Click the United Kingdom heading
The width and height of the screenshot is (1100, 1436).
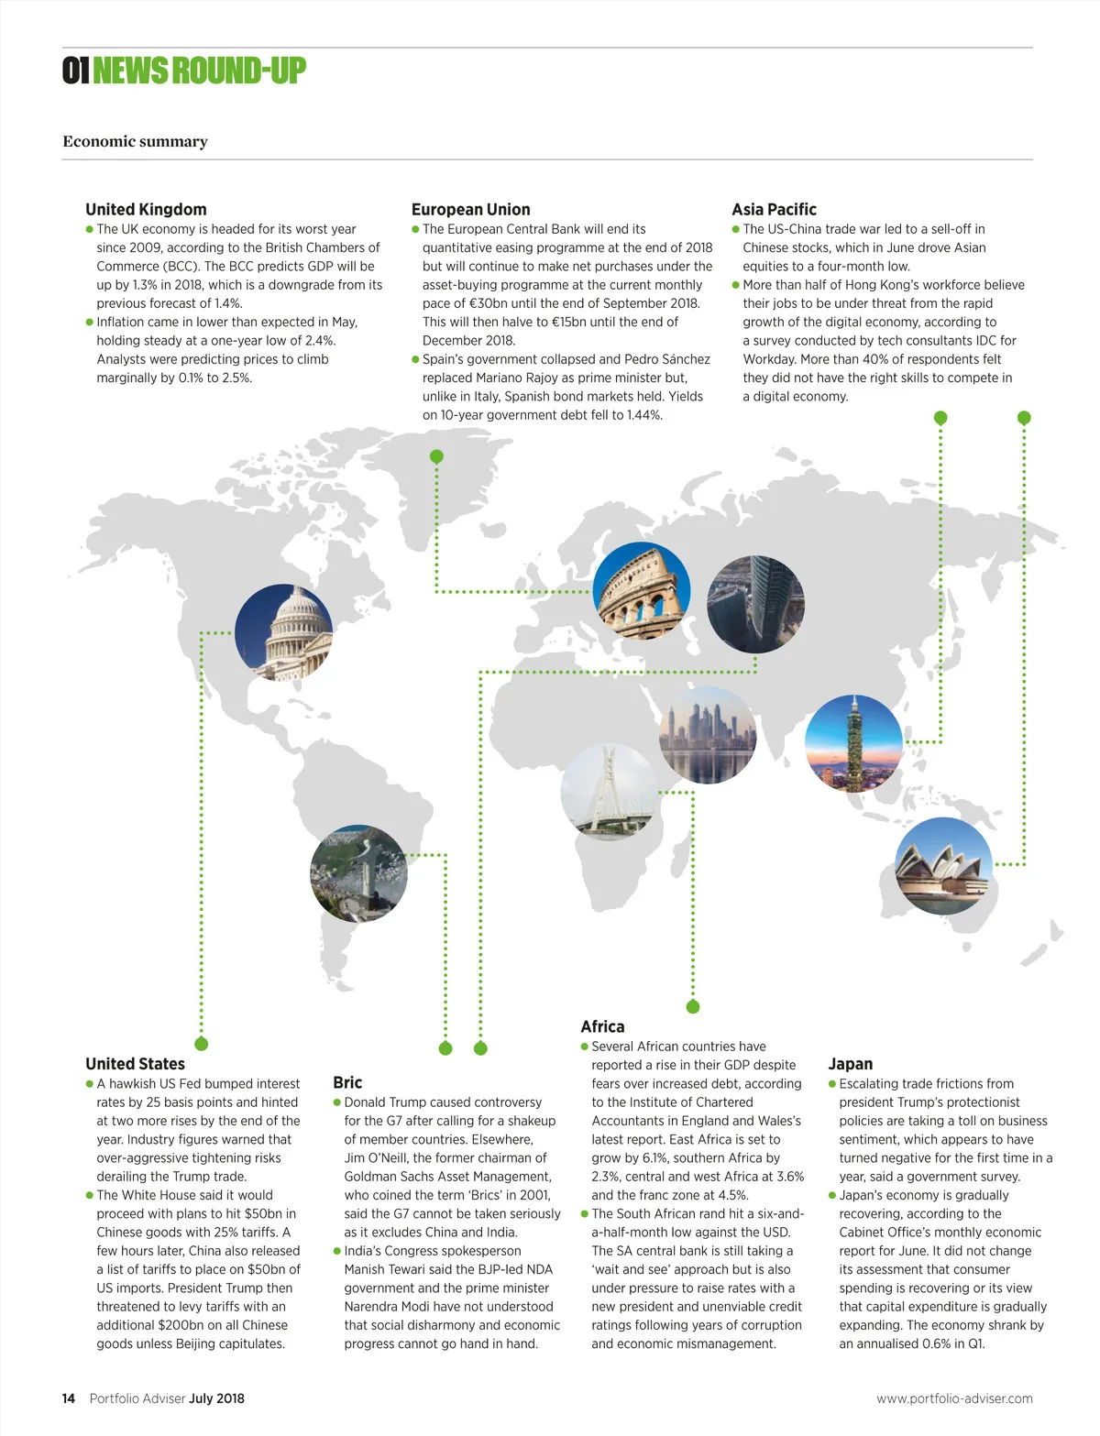point(146,209)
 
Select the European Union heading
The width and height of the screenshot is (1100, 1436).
point(470,209)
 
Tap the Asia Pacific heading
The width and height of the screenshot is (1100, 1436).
point(774,209)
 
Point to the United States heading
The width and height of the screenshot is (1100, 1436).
point(135,1064)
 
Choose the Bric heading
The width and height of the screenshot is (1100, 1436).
point(347,1082)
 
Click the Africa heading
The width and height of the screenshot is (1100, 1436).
point(602,1026)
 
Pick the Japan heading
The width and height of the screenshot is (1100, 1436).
point(850,1064)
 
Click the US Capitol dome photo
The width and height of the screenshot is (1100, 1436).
point(283,632)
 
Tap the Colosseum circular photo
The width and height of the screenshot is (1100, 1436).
point(642,590)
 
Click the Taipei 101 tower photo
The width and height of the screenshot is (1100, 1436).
point(853,743)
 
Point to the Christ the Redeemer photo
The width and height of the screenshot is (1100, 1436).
point(358,872)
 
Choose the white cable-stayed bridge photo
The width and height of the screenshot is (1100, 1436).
point(608,791)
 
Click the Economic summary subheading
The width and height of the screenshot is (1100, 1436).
point(135,141)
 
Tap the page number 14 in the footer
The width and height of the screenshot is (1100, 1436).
point(69,1398)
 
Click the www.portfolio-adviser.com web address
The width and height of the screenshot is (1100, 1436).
point(954,1398)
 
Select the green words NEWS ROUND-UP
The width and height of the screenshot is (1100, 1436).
point(199,71)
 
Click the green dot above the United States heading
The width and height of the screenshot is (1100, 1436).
point(202,1044)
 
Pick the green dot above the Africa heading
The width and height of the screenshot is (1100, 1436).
point(693,1006)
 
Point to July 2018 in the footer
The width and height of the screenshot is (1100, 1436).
point(217,1398)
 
